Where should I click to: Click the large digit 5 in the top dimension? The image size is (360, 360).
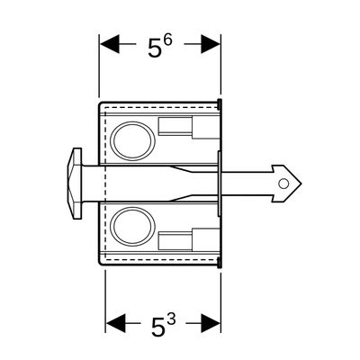click(x=155, y=48)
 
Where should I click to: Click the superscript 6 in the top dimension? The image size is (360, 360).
click(x=168, y=40)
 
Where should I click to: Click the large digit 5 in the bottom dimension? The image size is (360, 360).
click(x=158, y=328)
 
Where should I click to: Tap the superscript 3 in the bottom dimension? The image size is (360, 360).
click(x=171, y=319)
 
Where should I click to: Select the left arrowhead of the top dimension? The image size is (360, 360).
click(x=110, y=44)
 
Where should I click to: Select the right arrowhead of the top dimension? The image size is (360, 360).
click(x=211, y=44)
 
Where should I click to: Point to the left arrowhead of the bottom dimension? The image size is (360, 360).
click(x=116, y=324)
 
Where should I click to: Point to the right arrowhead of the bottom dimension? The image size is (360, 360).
click(x=211, y=324)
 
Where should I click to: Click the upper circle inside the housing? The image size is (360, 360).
click(x=133, y=140)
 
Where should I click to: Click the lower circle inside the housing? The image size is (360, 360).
click(x=133, y=226)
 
